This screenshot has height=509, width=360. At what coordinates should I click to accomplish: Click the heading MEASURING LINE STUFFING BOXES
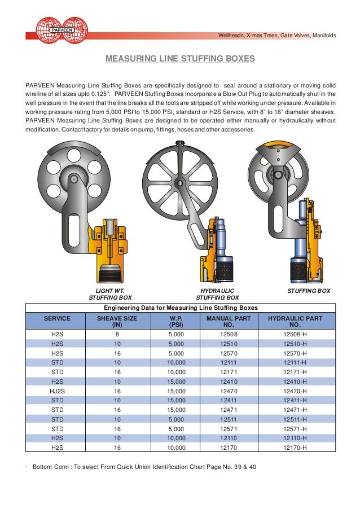(x=181, y=58)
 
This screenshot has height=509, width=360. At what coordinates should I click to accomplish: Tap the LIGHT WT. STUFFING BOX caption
(x=110, y=293)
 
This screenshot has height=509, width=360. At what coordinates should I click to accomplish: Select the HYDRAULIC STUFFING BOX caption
(x=217, y=293)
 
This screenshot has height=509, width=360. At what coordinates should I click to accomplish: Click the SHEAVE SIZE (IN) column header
(x=117, y=322)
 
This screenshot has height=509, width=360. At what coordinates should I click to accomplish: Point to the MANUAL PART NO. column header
(x=228, y=322)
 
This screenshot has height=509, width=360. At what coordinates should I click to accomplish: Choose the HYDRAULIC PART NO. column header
(x=295, y=322)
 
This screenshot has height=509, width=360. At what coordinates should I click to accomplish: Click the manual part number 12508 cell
(x=228, y=335)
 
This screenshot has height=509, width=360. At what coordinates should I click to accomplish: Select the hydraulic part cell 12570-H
(x=295, y=353)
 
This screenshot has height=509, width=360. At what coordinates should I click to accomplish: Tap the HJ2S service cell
(x=57, y=390)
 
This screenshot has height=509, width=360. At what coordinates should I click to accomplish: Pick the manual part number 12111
(x=228, y=362)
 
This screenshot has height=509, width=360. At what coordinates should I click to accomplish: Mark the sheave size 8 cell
(x=117, y=335)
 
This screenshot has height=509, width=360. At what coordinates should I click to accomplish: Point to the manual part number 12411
(x=228, y=399)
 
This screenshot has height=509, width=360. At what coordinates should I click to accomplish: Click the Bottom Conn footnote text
(x=144, y=467)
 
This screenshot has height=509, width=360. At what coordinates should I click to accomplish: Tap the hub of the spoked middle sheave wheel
(x=179, y=183)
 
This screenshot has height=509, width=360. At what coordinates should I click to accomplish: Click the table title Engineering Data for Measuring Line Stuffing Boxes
(x=181, y=308)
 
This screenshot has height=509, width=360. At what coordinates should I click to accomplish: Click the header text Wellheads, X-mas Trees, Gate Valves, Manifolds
(x=276, y=36)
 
